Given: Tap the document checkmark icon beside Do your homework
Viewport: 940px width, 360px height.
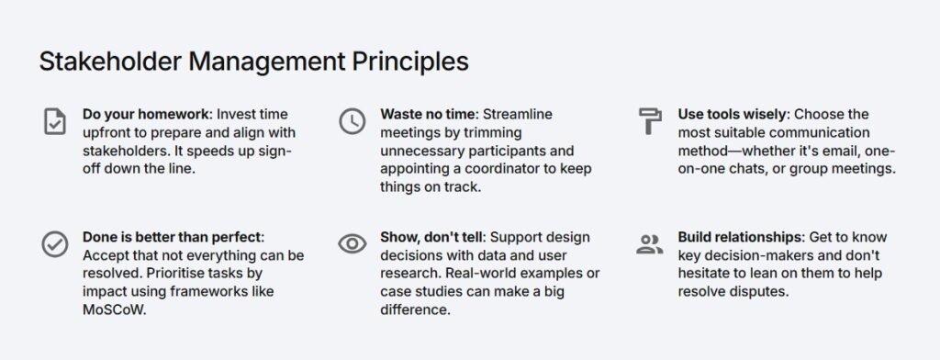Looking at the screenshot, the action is [x=55, y=121].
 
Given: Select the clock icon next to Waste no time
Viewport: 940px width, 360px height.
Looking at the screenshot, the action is [x=352, y=121].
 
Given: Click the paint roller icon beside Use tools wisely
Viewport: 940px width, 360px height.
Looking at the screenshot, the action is [x=650, y=121].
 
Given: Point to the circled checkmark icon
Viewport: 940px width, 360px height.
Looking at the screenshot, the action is [x=54, y=244].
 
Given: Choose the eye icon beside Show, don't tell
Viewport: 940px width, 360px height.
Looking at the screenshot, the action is [x=352, y=243].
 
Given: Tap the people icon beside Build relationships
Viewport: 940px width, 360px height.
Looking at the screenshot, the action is [x=650, y=244].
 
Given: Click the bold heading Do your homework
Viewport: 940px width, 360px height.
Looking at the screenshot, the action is [x=146, y=114].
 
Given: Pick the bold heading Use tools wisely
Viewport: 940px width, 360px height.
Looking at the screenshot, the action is [x=733, y=114].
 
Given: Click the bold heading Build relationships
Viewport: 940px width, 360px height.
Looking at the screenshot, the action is [x=740, y=237].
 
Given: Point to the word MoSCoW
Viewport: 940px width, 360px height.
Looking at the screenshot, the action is [x=114, y=309].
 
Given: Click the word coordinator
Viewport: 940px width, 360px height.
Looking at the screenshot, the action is [x=500, y=169].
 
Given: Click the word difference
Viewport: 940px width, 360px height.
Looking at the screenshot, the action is [x=414, y=309].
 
